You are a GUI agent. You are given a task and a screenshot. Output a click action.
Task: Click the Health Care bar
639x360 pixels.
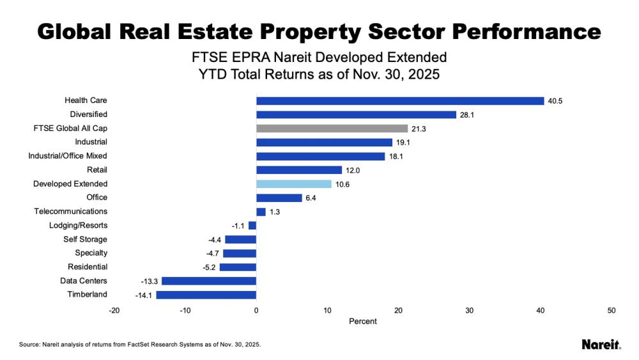[400, 101]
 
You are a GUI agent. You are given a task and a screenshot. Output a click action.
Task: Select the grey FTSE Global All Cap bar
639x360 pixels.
[332, 129]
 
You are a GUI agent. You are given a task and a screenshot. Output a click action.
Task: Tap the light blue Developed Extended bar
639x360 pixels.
[294, 184]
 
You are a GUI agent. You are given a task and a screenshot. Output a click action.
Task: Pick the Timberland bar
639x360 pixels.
[206, 295]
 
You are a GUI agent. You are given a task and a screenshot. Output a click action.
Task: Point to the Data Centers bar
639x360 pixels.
[209, 281]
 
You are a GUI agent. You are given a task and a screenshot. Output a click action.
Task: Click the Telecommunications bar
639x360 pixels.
[261, 212]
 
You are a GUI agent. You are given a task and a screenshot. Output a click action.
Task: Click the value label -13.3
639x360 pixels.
[150, 281]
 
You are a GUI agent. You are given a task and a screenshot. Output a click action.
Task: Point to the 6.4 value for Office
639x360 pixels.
[311, 198]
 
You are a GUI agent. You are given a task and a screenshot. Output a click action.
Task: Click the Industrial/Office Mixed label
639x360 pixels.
[68, 156]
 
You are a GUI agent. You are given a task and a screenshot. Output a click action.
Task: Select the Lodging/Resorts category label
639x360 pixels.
[78, 225]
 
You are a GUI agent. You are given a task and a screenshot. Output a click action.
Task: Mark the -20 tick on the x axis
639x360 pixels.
[114, 311]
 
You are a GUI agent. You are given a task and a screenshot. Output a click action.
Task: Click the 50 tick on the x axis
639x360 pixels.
[612, 311]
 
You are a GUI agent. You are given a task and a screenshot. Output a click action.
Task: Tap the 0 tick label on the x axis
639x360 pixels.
[256, 311]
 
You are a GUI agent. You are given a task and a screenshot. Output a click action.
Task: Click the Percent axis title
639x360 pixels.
[363, 321]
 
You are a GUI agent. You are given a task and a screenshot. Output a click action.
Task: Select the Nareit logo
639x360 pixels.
[601, 344]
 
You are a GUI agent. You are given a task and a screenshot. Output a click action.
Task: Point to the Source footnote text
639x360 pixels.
[140, 344]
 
